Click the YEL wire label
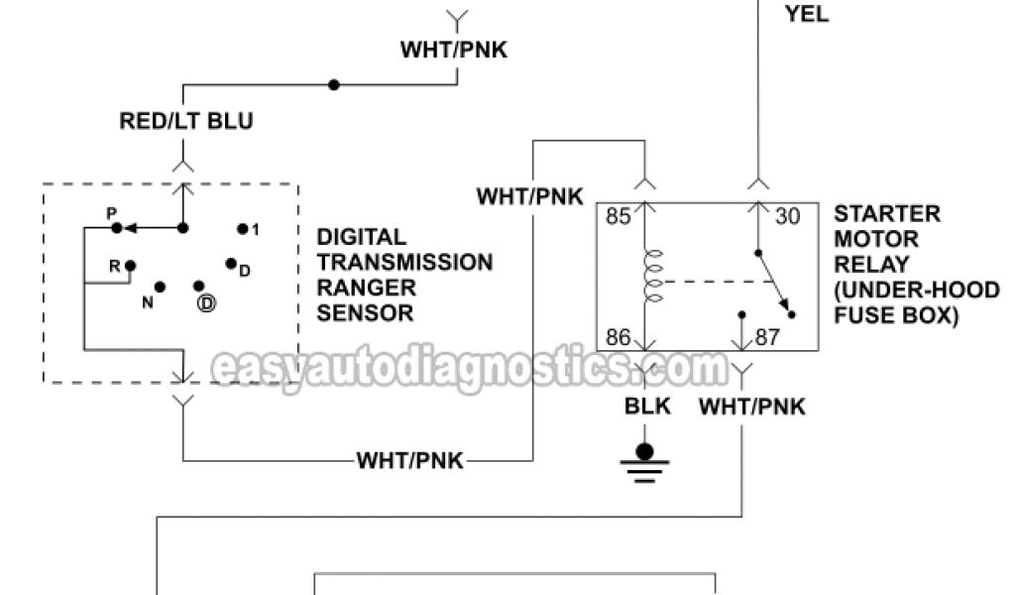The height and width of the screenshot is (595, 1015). pos(807,14)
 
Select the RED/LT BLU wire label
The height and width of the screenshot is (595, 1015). pos(186,122)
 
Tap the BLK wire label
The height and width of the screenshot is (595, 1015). pos(646,407)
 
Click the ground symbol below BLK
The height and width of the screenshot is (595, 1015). pos(645,462)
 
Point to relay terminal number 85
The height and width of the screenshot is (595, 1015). pos(619,216)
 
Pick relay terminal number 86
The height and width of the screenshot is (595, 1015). pos(619,338)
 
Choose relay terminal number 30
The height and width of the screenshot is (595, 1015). pos(787,216)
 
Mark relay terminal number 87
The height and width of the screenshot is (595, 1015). pos(767,338)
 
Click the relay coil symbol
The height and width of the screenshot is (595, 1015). pos(652,277)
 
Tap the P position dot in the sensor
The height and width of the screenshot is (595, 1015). pos(117,228)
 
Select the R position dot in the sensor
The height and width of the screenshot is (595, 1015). pos(130,265)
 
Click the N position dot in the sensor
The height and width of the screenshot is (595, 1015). pos(160,287)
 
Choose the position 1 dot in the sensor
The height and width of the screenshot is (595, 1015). pos(242,228)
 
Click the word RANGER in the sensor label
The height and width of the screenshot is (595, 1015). pos(358,288)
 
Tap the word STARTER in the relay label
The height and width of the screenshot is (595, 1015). pos(887,214)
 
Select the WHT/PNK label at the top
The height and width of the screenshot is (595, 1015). pos(454,50)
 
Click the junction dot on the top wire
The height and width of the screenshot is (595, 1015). pos(334,85)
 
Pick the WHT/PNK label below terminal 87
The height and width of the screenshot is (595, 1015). pos(752,407)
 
